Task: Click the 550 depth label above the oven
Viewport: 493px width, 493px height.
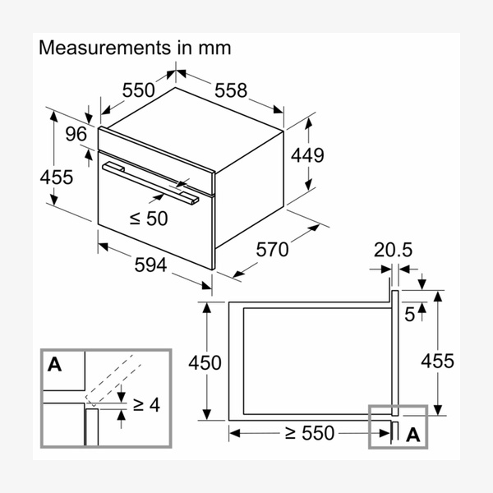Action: pyautogui.click(x=139, y=90)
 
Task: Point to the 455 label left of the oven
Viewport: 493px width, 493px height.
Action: pyautogui.click(x=57, y=176)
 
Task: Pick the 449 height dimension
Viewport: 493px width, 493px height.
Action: pyautogui.click(x=307, y=154)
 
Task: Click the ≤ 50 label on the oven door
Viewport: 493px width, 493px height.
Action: pyautogui.click(x=148, y=218)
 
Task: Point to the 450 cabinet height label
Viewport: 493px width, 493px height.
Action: pyautogui.click(x=205, y=362)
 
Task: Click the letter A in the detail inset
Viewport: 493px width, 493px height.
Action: pyautogui.click(x=54, y=365)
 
